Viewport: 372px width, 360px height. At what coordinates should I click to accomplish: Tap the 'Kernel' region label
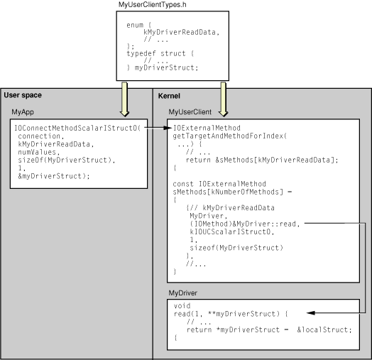[x=169, y=96]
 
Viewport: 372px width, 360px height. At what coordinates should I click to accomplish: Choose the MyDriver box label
[x=182, y=293]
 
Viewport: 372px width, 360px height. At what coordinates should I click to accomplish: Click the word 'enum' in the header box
[x=134, y=24]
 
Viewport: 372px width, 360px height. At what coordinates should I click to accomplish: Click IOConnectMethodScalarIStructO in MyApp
[x=77, y=128]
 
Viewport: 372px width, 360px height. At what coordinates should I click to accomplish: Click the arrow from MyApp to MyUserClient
[x=157, y=128]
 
